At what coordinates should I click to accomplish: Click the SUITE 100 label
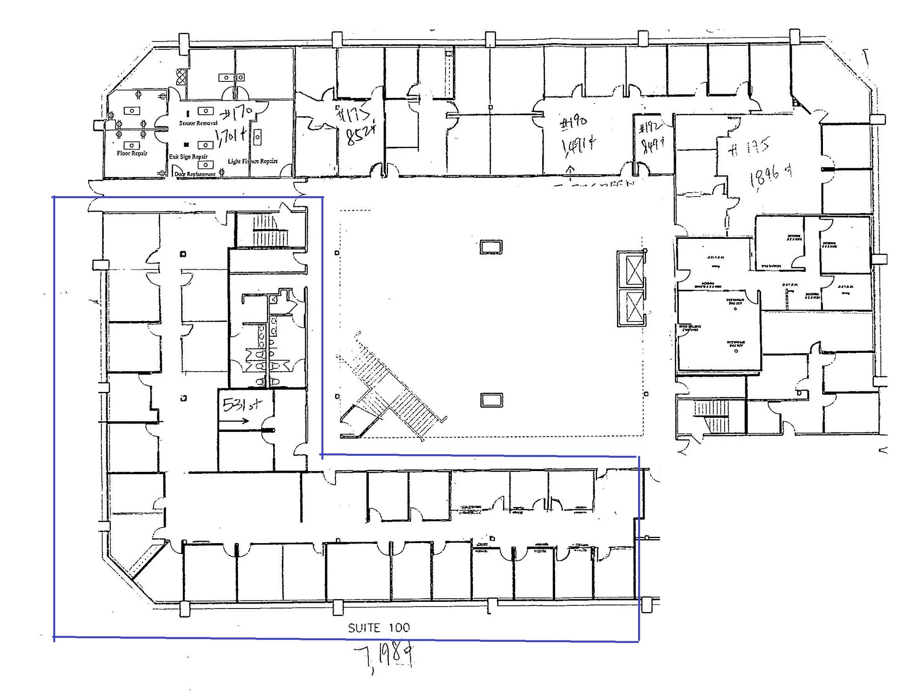pos(379,628)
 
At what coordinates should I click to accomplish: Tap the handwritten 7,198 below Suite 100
pos(385,654)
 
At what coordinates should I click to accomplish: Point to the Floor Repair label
pos(132,153)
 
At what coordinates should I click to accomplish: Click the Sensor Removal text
pos(198,123)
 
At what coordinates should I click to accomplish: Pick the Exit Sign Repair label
pos(188,157)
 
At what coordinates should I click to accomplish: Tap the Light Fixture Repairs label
pos(252,161)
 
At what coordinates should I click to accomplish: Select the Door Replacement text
pos(195,174)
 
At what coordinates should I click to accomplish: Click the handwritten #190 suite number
pos(573,122)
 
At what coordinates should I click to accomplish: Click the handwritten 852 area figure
pos(361,134)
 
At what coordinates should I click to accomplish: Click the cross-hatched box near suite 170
pos(181,77)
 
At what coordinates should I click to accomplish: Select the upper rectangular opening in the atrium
pos(491,246)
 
